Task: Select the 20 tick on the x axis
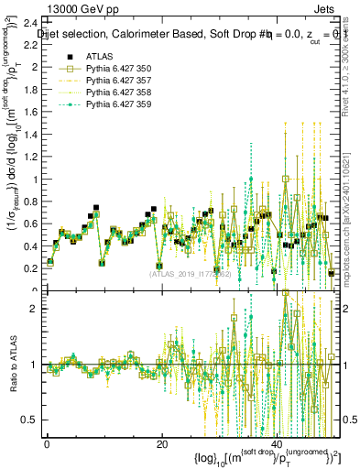coord(161,443)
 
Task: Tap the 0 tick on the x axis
coord(46,443)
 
